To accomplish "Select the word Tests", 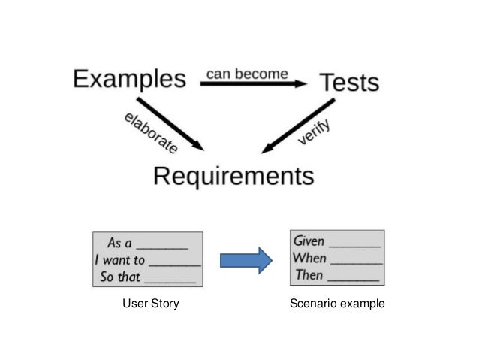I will [x=349, y=83].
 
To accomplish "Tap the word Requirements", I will [x=233, y=177].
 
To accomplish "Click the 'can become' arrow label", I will [x=247, y=74].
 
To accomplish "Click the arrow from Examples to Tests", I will [x=255, y=84].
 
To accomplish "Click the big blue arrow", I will [x=245, y=260].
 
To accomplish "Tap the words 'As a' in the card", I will [x=119, y=243].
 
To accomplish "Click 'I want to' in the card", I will [x=120, y=260].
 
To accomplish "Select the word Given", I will [x=309, y=241].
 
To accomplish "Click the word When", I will [x=309, y=258].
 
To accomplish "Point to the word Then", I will [x=308, y=275].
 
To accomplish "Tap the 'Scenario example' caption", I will [x=336, y=304].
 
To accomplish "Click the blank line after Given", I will [x=355, y=245].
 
